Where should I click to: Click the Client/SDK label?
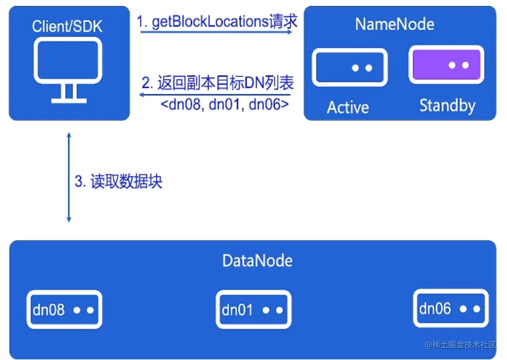tap(67, 26)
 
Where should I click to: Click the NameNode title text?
tap(394, 24)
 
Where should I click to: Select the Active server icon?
tap(349, 67)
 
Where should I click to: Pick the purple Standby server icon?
tap(446, 65)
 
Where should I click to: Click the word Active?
tap(348, 107)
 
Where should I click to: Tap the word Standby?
tap(447, 105)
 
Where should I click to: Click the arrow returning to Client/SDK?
tap(215, 95)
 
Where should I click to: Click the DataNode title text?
tap(258, 260)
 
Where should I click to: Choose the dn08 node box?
tap(64, 310)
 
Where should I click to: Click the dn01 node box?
tap(253, 310)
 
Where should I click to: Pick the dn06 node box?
tap(451, 308)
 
